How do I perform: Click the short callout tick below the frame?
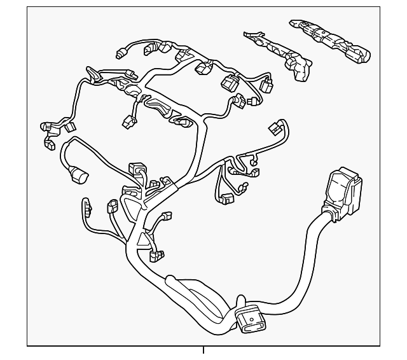click(203, 350)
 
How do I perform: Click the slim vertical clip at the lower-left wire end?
click(86, 208)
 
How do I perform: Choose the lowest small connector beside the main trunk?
click(155, 256)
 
